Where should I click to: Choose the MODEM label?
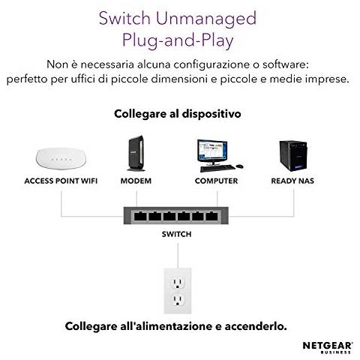coord(136,181)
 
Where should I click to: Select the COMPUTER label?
coord(216,181)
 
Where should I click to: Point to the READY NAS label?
coord(293,181)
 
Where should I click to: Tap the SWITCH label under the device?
coord(177,235)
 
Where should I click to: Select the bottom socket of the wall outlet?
coord(177,301)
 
